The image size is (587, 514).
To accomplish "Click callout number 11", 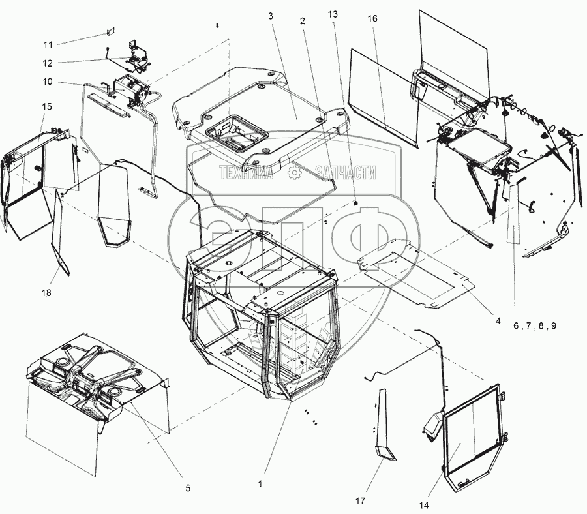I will (x=48, y=44).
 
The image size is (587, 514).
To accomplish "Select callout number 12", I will (x=48, y=63).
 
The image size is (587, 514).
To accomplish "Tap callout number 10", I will (x=48, y=83).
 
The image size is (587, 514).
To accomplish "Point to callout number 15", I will (x=48, y=106).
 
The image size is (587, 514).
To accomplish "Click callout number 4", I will (x=498, y=320).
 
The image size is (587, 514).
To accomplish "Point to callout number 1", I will (x=260, y=484).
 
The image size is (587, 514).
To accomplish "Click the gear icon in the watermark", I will (x=295, y=173).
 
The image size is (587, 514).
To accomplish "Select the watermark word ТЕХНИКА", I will (x=248, y=173).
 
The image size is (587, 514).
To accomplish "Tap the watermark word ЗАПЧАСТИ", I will (x=346, y=173).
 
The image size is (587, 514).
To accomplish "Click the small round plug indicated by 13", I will (x=357, y=204).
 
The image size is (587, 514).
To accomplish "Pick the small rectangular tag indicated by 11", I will (x=111, y=31).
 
